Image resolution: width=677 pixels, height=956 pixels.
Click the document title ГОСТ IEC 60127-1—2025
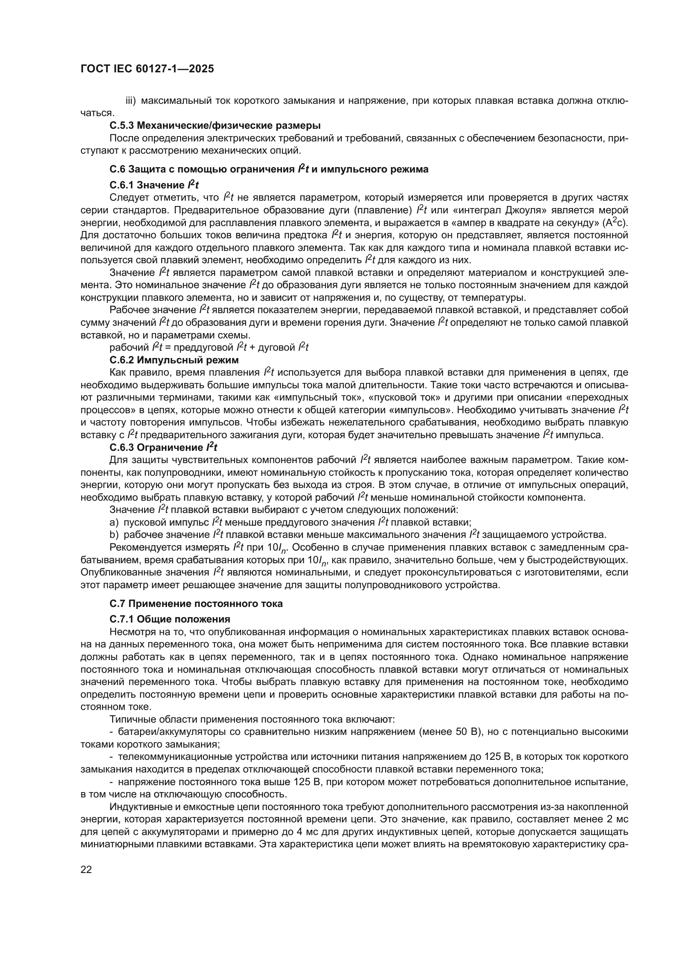[x=147, y=69]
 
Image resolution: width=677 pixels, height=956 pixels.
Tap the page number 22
[x=86, y=869]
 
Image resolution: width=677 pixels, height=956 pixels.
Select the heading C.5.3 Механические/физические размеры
[x=215, y=125]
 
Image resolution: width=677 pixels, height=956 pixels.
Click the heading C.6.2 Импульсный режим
[x=174, y=360]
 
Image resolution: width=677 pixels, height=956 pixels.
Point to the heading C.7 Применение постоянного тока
[x=196, y=604]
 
